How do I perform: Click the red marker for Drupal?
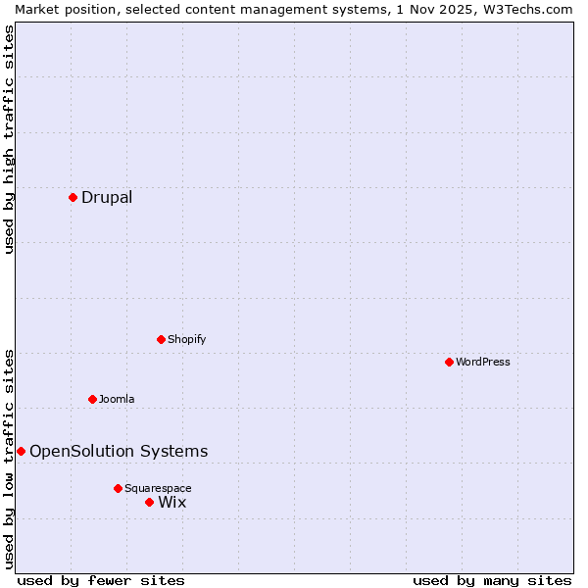click(73, 197)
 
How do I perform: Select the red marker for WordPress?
click(449, 362)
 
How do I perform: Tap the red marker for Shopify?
click(161, 339)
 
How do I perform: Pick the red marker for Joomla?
click(92, 399)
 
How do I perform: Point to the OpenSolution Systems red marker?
click(21, 451)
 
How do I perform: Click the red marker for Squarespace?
click(118, 488)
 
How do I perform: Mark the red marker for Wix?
click(149, 502)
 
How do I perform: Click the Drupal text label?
click(107, 197)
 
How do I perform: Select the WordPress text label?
click(483, 362)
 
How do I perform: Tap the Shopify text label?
click(186, 339)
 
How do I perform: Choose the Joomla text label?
click(117, 399)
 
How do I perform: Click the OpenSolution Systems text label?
click(119, 451)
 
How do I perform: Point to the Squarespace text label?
click(158, 488)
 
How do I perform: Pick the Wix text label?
click(171, 502)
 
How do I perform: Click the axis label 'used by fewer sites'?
click(101, 580)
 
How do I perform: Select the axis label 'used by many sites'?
click(492, 580)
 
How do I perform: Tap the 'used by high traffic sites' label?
click(9, 139)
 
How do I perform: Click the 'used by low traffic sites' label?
click(9, 459)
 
